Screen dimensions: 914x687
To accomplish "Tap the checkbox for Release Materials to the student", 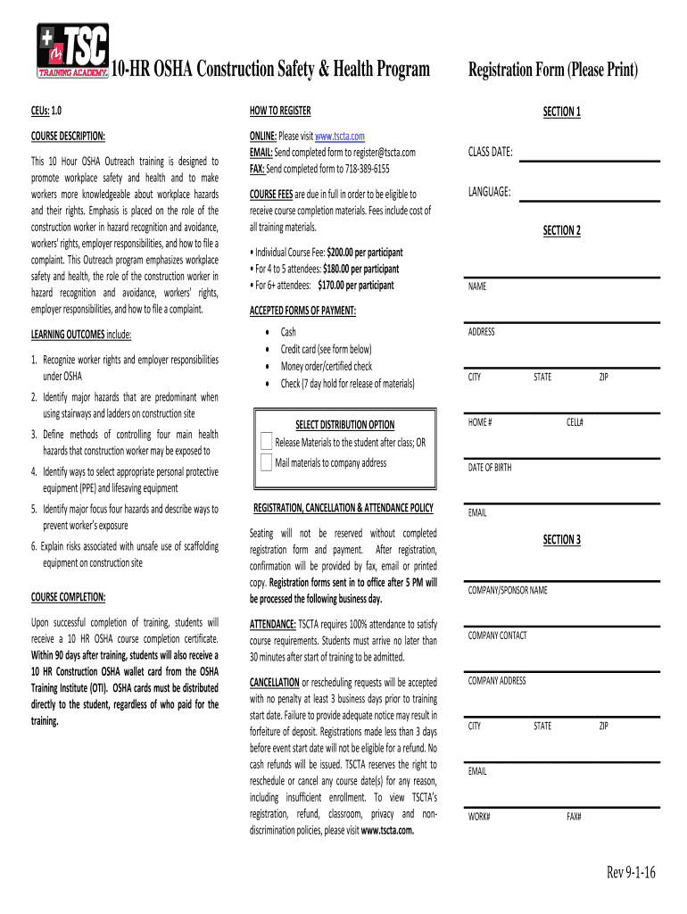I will point(267,442).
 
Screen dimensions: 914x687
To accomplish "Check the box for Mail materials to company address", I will point(267,462).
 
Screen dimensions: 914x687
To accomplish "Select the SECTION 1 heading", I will point(562,112).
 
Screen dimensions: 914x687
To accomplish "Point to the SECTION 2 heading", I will point(562,230).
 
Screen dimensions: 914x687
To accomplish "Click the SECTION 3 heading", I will point(562,539).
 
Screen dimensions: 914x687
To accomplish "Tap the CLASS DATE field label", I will point(490,153).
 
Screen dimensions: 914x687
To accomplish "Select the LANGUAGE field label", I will point(489,192).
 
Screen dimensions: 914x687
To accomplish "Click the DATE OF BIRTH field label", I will point(490,467).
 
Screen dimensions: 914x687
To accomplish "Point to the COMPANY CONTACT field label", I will point(497,636).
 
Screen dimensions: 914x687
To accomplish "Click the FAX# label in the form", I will point(574,816).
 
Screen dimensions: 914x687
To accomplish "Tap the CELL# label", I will point(575,422).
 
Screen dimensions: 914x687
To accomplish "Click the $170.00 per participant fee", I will point(355,286).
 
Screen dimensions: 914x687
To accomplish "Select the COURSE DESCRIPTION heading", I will point(68,136).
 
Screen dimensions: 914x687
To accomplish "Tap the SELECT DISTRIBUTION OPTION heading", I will point(344,424).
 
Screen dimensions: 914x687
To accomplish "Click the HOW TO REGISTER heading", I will point(280,111).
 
